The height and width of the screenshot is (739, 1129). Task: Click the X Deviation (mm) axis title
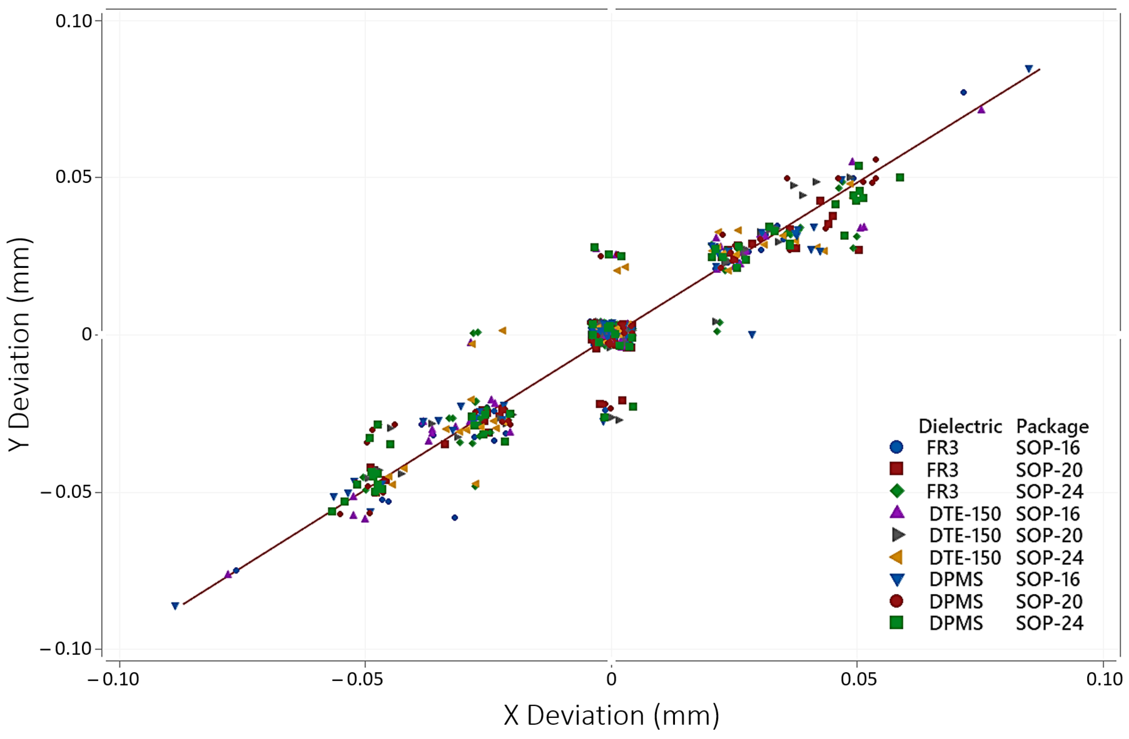coord(611,715)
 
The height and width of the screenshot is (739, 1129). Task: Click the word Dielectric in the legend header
coord(960,426)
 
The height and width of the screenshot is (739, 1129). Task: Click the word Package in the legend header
coord(1052,426)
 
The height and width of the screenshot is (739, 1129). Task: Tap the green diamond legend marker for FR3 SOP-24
coord(897,491)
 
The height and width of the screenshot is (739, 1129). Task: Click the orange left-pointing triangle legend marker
coord(896,557)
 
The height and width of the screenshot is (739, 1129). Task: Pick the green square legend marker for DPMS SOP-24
coord(897,622)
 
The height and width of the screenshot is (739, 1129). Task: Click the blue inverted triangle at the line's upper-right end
coord(1029,69)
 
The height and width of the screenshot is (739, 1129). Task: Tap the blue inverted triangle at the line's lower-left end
coord(175,606)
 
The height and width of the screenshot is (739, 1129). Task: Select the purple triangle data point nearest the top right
coord(981,109)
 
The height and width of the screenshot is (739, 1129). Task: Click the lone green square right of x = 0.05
coord(900,177)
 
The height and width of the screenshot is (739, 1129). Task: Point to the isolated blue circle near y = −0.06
coord(454,518)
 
